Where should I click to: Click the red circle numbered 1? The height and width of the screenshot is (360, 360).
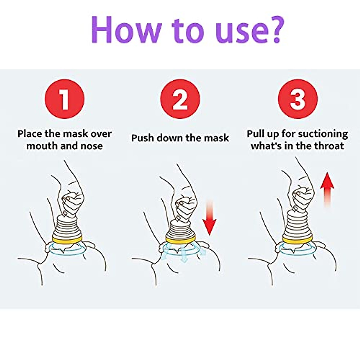click(64, 99)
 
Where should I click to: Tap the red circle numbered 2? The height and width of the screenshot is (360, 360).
click(180, 99)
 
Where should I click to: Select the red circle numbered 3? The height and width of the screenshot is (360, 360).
click(298, 99)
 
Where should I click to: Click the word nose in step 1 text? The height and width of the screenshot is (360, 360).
click(92, 146)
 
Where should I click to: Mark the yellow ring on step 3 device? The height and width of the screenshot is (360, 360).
click(298, 240)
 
